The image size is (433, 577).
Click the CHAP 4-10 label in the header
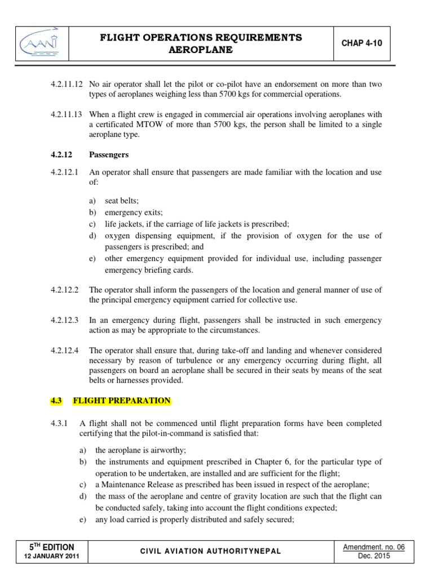(359, 43)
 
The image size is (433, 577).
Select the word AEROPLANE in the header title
(201, 50)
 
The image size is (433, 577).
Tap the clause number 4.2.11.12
(67, 84)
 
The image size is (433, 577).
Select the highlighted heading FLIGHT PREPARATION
(122, 401)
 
